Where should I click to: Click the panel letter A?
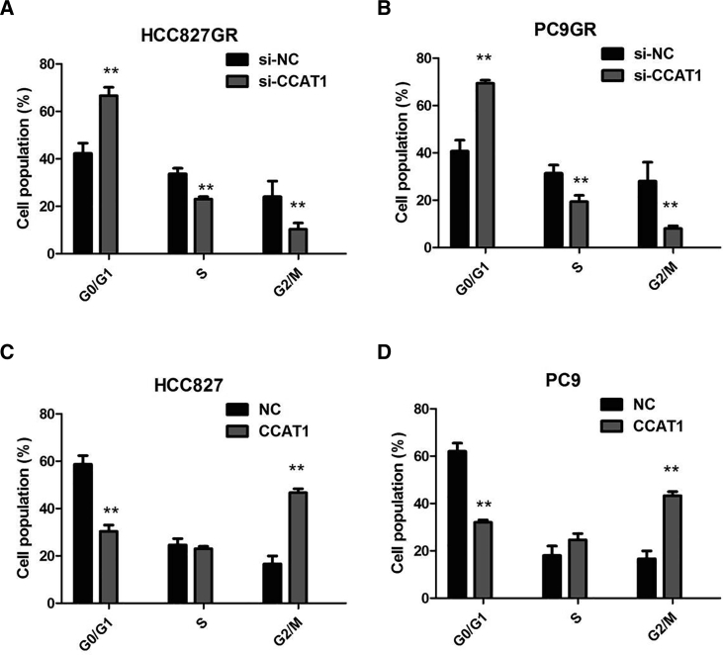point(9,10)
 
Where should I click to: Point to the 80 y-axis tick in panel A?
point(42,65)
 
